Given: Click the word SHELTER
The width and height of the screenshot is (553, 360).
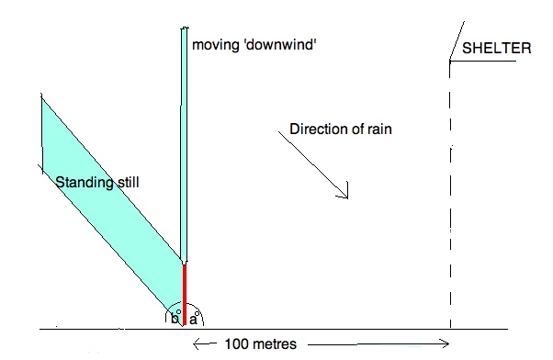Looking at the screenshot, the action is (x=496, y=49).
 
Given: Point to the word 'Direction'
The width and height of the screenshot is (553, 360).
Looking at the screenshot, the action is (x=318, y=129).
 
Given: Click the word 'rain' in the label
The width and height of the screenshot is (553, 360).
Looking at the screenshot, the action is (x=378, y=129).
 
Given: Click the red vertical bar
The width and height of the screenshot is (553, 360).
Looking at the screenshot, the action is (x=185, y=293).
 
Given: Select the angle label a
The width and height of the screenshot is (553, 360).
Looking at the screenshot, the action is (x=193, y=319).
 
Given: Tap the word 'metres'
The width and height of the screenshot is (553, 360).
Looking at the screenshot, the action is (x=281, y=344).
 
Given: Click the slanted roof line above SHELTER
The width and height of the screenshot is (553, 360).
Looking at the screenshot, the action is (x=454, y=41).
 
